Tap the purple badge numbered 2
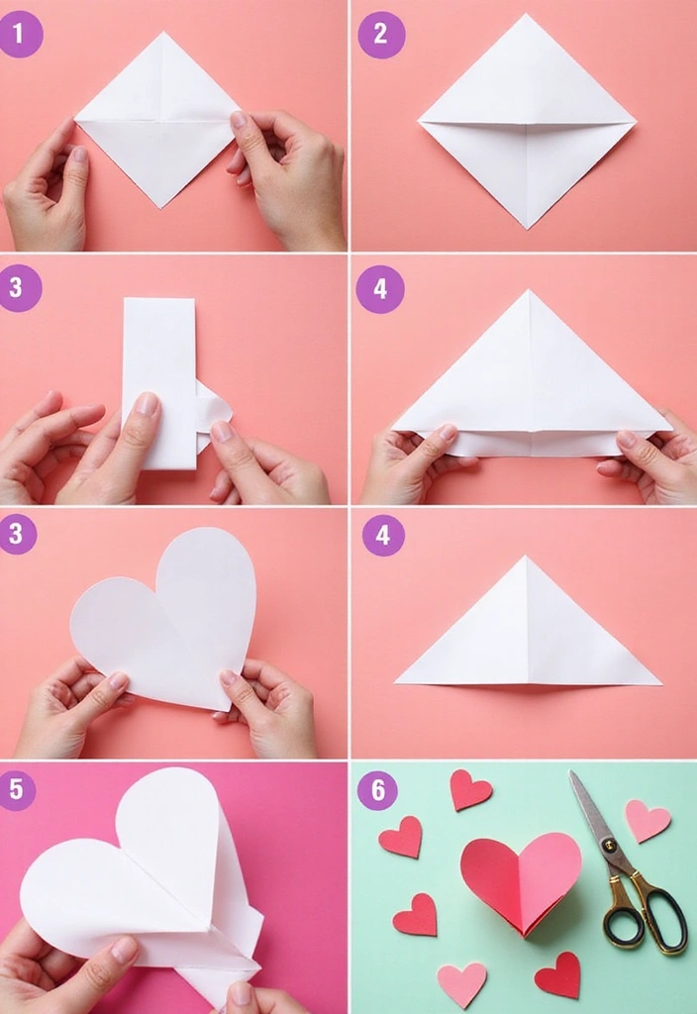pyautogui.click(x=381, y=35)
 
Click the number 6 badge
pyautogui.click(x=377, y=790)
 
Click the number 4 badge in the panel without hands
pyautogui.click(x=383, y=536)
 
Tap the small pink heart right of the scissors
pyautogui.click(x=647, y=820)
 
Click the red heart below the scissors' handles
pyautogui.click(x=558, y=974)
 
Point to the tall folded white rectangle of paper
pyautogui.click(x=159, y=381)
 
